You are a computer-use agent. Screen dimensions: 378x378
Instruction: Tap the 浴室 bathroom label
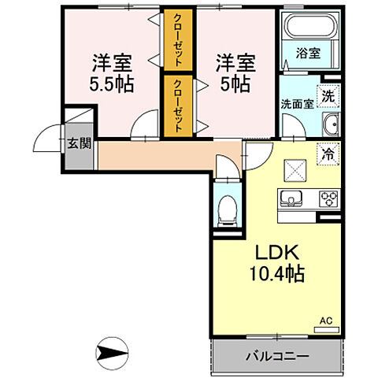(307, 54)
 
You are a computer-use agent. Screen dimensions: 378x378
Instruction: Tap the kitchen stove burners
(328, 198)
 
